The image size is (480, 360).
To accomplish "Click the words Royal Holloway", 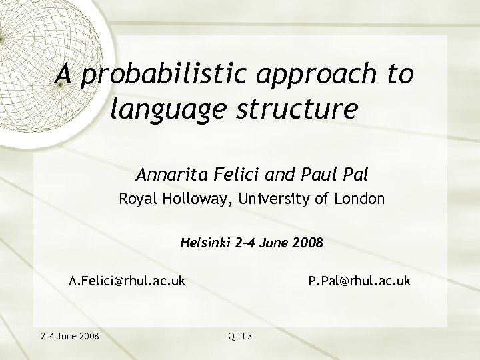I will pos(161,199).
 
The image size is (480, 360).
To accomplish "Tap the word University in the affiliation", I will pos(273,199).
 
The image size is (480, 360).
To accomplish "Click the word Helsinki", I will pos(205,243).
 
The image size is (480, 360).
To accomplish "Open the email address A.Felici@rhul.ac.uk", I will pos(127,281).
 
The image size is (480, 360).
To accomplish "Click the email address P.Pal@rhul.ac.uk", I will pos(359,281).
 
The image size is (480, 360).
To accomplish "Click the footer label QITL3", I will pos(240,335).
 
